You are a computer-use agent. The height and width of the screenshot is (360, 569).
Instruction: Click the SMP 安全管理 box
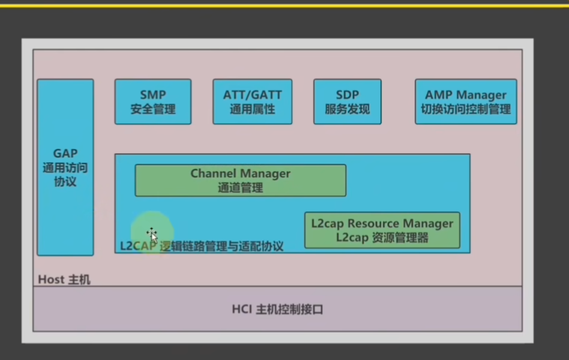point(153,102)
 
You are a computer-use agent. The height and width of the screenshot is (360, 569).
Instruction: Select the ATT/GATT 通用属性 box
point(252,102)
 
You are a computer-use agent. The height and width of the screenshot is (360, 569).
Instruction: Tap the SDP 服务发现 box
point(347,102)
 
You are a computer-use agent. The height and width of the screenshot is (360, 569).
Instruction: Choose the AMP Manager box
point(466,102)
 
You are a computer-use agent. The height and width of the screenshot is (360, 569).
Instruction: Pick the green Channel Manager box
point(240,181)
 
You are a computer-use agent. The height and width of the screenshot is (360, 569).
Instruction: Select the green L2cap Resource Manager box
point(382,230)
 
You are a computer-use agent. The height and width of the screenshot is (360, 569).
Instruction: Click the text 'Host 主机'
point(64,280)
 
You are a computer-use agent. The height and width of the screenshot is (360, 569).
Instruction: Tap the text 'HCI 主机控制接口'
point(277,310)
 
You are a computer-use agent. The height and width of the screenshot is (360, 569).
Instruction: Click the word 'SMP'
point(153,95)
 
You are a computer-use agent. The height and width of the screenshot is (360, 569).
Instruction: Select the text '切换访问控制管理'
point(466,109)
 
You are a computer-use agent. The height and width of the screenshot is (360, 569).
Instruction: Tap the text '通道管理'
point(240,188)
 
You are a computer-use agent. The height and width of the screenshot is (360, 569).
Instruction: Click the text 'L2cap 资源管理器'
point(382,237)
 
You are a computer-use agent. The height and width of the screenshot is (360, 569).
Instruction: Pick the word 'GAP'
point(65,154)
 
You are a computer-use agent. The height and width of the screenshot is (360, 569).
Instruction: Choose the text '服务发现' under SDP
point(347,109)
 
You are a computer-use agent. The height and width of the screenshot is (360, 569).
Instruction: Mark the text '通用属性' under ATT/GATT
point(252,109)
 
